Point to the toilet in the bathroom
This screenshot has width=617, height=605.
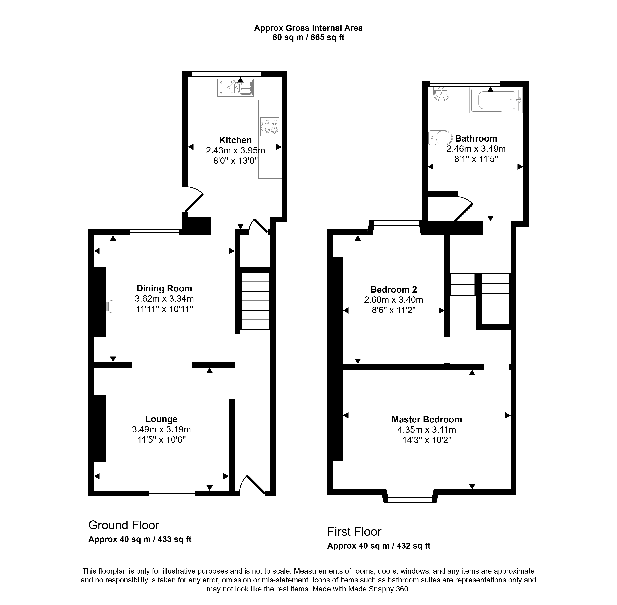(x=440, y=138)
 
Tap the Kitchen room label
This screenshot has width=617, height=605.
(x=235, y=140)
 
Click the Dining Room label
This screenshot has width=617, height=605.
(x=164, y=289)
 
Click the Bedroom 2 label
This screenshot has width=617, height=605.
(x=393, y=289)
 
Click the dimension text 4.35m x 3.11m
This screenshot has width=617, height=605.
(x=427, y=430)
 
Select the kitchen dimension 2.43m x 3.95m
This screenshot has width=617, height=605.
(x=235, y=150)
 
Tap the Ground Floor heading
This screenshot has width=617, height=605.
(x=124, y=525)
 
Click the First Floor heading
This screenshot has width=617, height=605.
(x=354, y=532)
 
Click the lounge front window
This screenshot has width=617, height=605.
(x=172, y=493)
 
